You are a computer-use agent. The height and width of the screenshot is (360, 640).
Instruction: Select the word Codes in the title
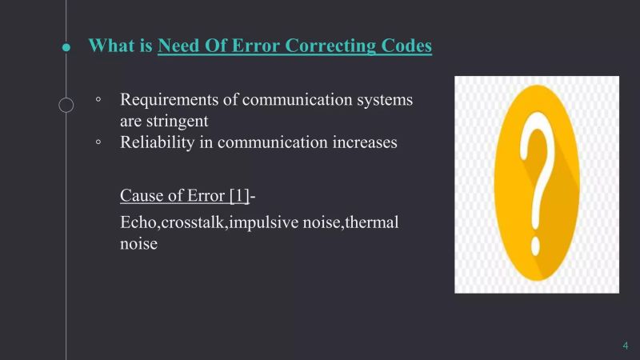click(407, 46)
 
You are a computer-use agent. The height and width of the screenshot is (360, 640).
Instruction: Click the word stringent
click(177, 122)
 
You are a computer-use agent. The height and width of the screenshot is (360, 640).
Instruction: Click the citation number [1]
click(238, 195)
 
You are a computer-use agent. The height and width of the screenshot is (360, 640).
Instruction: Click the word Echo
click(137, 222)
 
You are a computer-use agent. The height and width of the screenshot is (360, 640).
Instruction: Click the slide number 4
click(625, 346)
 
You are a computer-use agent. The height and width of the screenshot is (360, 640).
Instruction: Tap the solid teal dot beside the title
click(66, 47)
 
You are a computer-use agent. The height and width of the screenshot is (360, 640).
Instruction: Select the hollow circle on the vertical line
click(66, 105)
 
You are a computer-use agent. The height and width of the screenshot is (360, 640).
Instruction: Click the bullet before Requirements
click(98, 102)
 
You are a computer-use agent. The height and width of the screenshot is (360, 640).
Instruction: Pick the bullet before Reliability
click(98, 143)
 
